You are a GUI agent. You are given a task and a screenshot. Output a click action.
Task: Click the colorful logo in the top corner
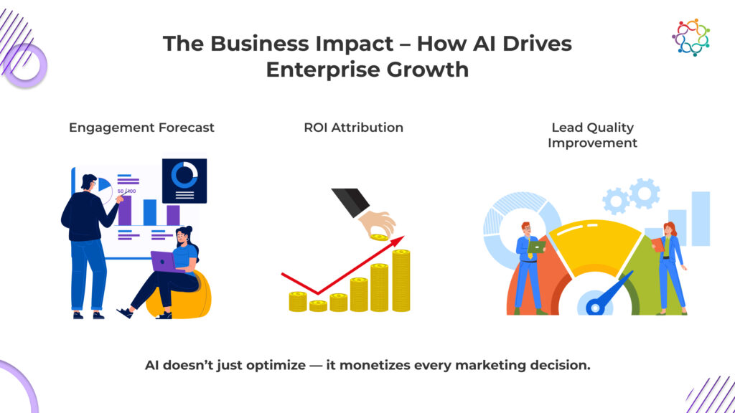(690, 37)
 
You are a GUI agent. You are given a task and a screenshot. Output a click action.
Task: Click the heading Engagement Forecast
(141, 128)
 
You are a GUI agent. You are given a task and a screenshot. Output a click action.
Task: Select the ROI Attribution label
(353, 128)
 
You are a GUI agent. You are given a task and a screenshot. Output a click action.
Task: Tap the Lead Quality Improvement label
(592, 135)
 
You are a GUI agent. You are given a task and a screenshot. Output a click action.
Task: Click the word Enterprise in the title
(323, 70)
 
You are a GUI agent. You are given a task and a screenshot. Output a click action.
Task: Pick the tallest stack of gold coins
(401, 280)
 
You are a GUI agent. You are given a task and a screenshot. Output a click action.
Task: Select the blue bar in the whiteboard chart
(150, 212)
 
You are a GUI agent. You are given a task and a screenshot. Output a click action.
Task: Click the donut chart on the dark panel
(184, 175)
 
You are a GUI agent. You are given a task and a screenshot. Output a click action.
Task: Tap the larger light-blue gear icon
(645, 194)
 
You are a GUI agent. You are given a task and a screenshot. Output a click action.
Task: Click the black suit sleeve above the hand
(350, 201)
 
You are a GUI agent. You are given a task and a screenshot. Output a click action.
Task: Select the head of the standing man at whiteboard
(88, 182)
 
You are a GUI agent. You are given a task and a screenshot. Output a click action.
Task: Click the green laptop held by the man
(537, 247)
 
